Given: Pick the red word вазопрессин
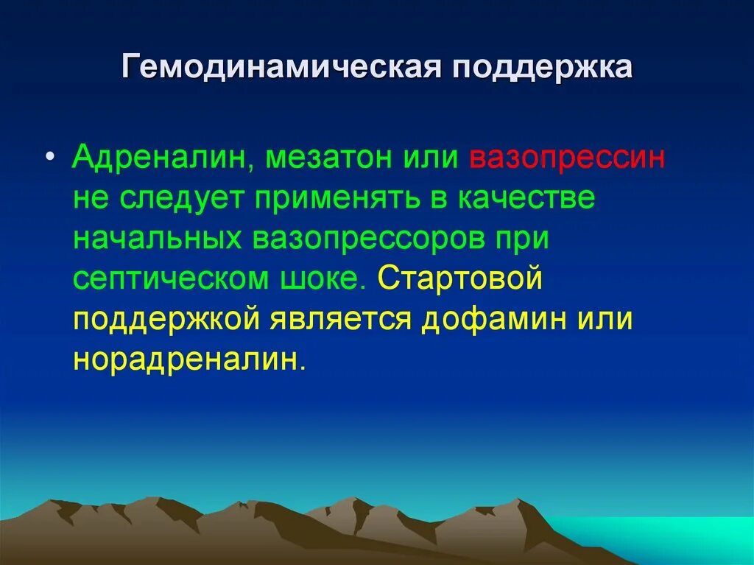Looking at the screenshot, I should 566,158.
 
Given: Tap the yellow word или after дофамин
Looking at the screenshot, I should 605,322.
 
